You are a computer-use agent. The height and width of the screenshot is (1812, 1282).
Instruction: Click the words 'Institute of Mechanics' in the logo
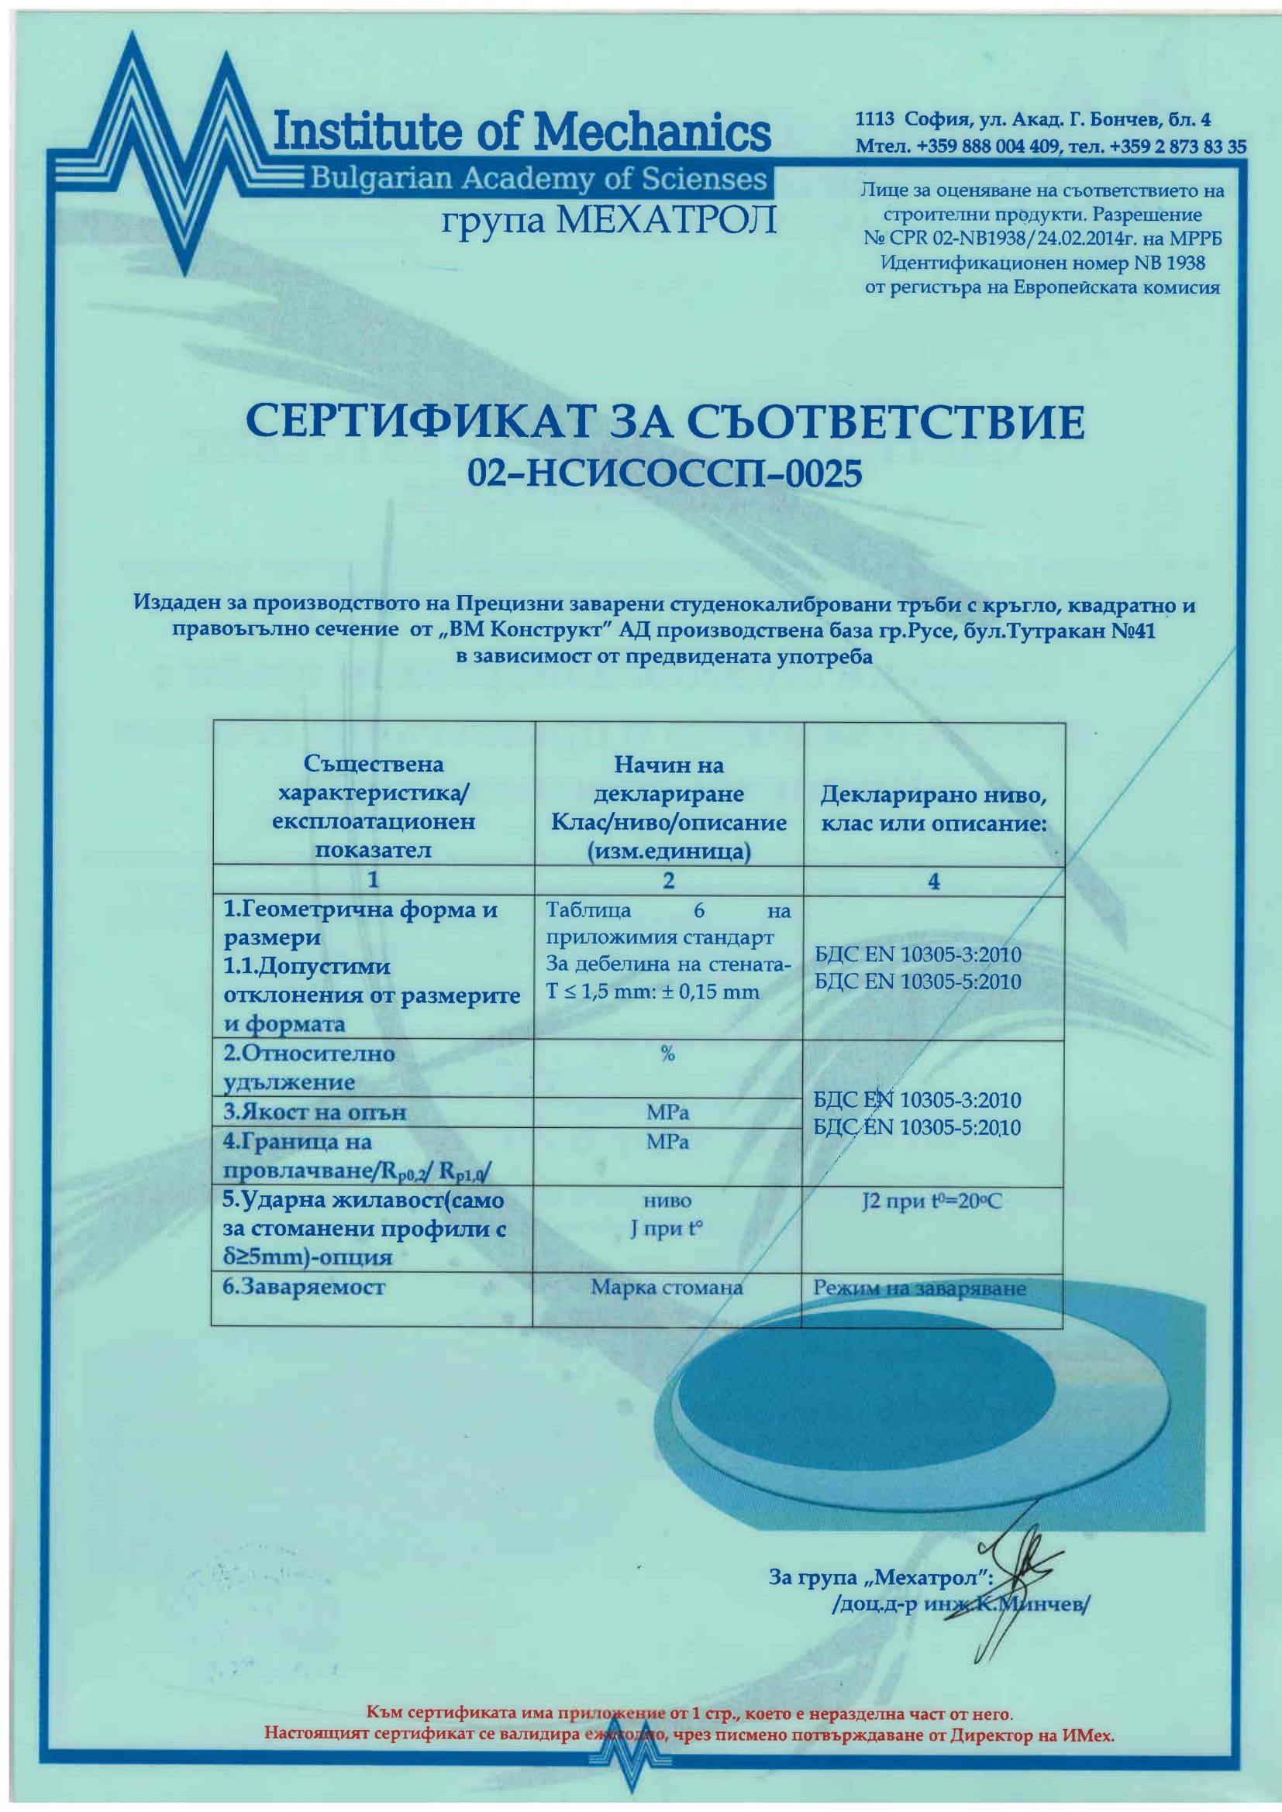(521, 132)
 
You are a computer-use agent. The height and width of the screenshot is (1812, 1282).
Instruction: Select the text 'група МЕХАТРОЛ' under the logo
(608, 220)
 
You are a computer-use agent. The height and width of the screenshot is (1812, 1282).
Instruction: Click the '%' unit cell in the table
(668, 1054)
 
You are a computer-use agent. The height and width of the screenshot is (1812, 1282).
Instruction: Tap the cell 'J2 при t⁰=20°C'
(932, 1202)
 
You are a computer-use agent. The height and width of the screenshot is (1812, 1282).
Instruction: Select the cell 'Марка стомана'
(667, 1288)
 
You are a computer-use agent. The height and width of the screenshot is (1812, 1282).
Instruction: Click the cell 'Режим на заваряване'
(920, 1289)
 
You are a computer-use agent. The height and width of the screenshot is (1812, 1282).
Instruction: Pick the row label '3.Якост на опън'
(314, 1112)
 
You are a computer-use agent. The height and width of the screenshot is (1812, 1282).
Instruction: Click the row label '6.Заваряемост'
(304, 1288)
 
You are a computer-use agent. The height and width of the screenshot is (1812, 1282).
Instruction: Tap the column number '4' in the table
(934, 882)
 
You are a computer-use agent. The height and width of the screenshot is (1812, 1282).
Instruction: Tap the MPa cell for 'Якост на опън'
(668, 1112)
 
